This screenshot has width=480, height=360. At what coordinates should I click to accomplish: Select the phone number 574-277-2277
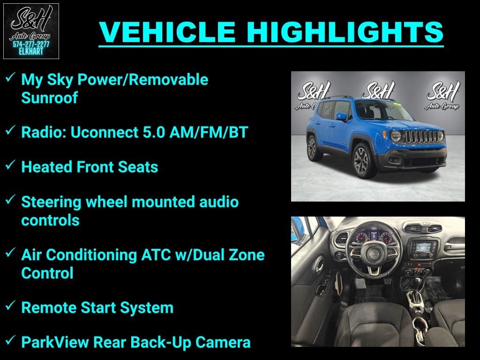coord(31,45)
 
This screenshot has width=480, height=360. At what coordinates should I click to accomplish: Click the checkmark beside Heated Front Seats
coord(10,166)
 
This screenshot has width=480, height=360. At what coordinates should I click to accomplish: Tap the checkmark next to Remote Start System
coord(10,307)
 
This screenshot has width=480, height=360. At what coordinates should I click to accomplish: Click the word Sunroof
coord(49,98)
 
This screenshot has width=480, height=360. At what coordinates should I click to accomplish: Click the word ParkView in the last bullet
coord(55,343)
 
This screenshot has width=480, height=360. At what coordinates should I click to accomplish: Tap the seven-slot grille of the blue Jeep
coord(424,137)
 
